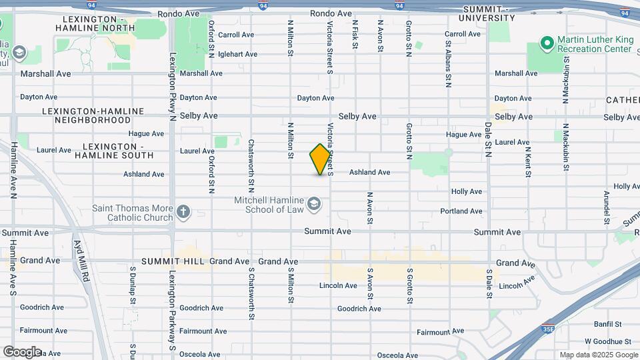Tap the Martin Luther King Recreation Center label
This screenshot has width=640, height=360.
(x=595, y=45)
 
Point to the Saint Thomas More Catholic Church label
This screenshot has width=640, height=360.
(x=133, y=213)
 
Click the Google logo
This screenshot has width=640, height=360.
(x=21, y=351)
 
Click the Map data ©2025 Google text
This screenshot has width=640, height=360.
(x=598, y=355)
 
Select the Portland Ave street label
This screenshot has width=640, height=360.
(x=461, y=211)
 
